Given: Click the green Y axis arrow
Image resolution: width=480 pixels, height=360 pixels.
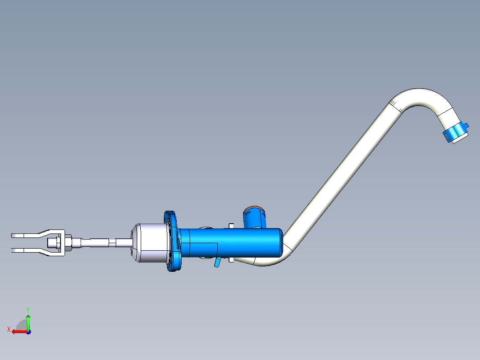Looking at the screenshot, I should [x=28, y=321].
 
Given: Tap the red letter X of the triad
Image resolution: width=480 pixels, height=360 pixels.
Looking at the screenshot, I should [x=9, y=329].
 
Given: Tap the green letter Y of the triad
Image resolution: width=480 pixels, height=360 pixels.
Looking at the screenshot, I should [x=28, y=309].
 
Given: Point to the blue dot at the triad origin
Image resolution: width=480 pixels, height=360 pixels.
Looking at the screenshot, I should [x=28, y=331].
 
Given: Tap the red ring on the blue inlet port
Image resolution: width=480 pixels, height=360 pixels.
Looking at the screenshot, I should [x=254, y=209].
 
